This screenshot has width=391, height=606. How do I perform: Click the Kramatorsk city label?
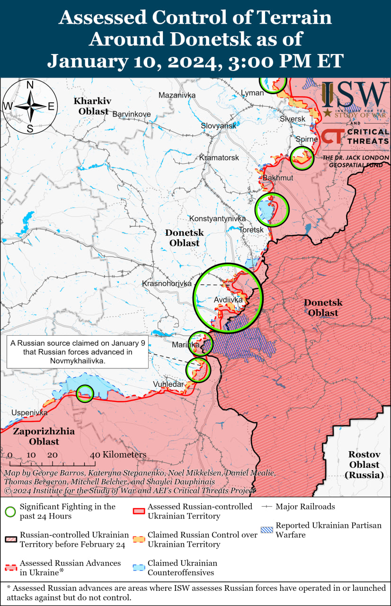click(x=219, y=157)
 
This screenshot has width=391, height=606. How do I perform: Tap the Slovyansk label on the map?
click(x=218, y=126)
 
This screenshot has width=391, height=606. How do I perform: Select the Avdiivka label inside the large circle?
click(x=228, y=300)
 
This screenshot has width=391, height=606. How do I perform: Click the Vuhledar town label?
click(x=168, y=384)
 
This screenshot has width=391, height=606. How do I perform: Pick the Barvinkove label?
click(x=131, y=114)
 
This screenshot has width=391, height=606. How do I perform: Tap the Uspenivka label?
click(x=30, y=413)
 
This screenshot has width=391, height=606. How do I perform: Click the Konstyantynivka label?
click(x=217, y=219)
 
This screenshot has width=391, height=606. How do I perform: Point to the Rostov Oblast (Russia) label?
click(x=364, y=464)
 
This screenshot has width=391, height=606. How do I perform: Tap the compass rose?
click(x=30, y=107)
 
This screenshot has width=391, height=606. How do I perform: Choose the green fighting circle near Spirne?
click(x=302, y=158)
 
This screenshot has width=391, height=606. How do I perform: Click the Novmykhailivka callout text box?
click(x=78, y=352)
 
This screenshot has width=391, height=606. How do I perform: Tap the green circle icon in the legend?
click(x=10, y=511)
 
